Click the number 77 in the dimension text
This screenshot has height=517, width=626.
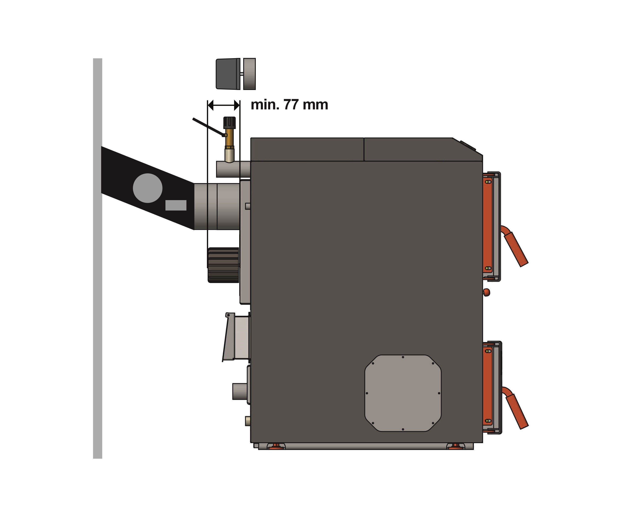291,105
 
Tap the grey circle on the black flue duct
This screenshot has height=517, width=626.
148,188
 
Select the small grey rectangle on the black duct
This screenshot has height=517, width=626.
176,205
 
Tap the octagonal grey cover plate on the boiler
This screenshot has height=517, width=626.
403,393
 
